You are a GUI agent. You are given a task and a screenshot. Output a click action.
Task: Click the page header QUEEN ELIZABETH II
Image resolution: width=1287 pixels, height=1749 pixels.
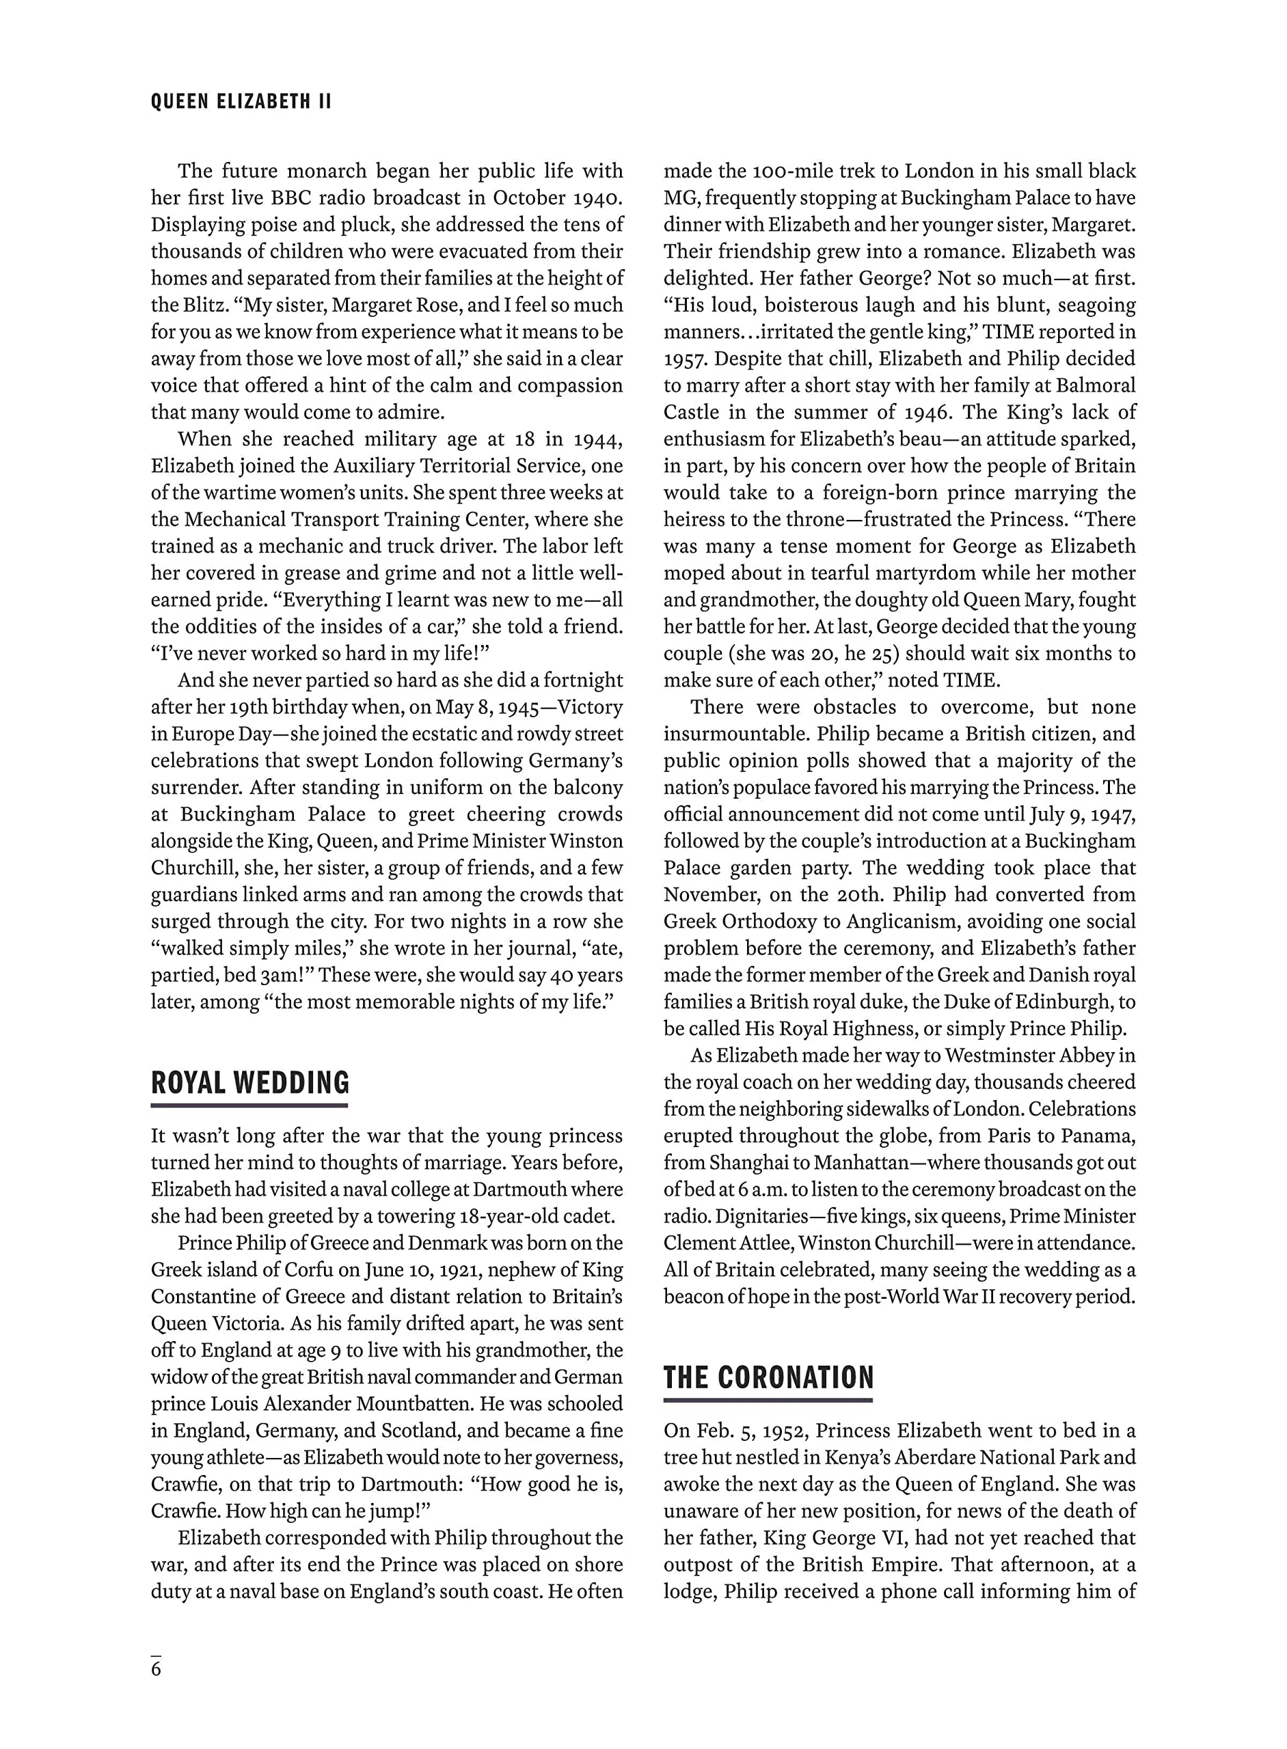[241, 102]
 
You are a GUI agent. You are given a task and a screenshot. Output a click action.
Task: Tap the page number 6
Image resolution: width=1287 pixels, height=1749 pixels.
[157, 1669]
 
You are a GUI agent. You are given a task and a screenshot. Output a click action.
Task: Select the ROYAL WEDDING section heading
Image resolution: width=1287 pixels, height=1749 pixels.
[250, 1083]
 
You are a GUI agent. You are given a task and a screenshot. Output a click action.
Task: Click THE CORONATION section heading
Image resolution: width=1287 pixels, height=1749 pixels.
[768, 1377]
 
